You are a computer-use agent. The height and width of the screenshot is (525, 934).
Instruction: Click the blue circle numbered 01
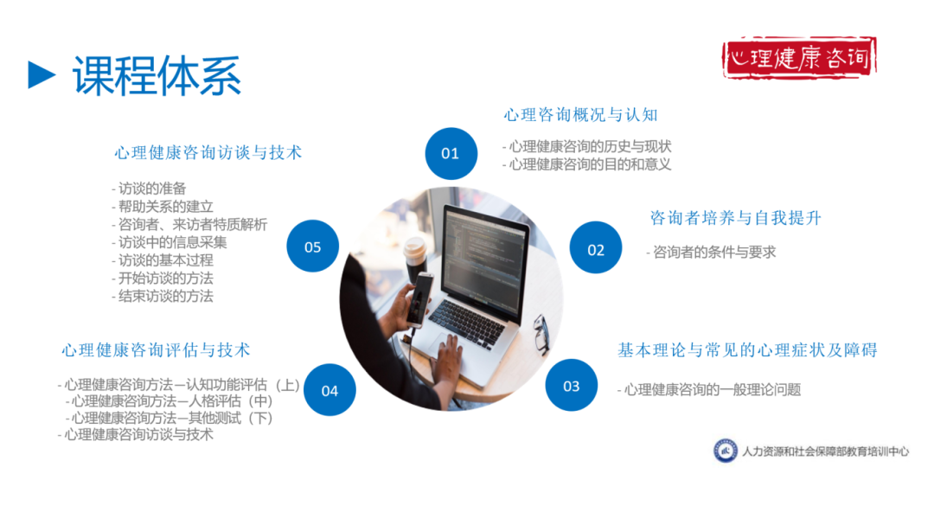pyautogui.click(x=451, y=154)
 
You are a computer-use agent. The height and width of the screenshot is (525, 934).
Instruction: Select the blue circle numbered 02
pyautogui.click(x=596, y=250)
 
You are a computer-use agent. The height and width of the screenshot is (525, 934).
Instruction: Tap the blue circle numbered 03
pyautogui.click(x=571, y=386)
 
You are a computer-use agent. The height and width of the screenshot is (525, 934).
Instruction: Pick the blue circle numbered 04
pyautogui.click(x=329, y=390)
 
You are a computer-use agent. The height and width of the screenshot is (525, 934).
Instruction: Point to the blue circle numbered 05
pyautogui.click(x=312, y=247)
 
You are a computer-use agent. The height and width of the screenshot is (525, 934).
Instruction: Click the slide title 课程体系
pyautogui.click(x=157, y=75)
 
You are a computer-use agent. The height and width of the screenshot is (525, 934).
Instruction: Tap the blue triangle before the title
pyautogui.click(x=41, y=74)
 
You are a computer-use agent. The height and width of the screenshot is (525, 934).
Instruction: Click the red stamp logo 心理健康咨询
pyautogui.click(x=800, y=58)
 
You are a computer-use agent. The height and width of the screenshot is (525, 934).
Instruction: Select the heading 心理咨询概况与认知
pyautogui.click(x=581, y=115)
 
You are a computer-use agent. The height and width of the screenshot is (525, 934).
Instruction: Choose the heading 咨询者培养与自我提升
pyautogui.click(x=735, y=218)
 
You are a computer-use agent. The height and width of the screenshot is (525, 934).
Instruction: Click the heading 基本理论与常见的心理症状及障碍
pyautogui.click(x=747, y=350)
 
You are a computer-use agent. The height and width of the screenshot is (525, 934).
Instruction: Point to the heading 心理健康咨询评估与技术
pyautogui.click(x=156, y=350)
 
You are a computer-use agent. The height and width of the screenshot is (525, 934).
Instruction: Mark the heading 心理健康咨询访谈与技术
pyautogui.click(x=208, y=153)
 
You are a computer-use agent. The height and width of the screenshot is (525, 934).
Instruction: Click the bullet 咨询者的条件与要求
pyautogui.click(x=713, y=253)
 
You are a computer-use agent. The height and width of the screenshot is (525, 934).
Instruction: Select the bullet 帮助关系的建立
pyautogui.click(x=164, y=207)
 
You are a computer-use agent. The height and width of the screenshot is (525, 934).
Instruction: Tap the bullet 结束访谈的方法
pyautogui.click(x=164, y=296)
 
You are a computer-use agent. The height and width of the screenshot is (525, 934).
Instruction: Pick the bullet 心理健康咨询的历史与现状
pyautogui.click(x=588, y=147)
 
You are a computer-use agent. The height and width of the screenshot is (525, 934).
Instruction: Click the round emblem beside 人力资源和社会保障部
pyautogui.click(x=725, y=451)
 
